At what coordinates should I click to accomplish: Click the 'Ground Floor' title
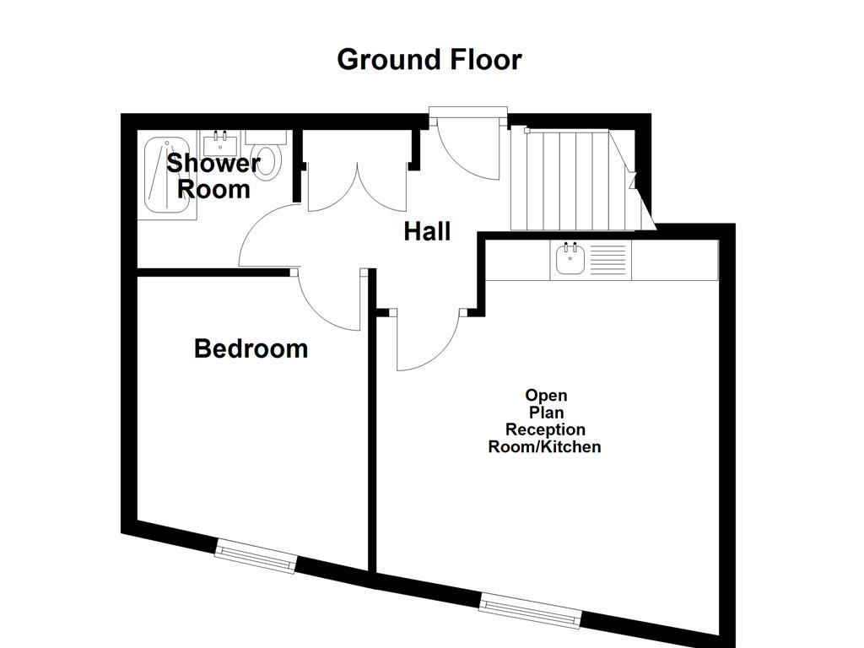(429, 60)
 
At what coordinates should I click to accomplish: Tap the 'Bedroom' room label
(251, 348)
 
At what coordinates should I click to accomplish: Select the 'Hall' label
(427, 231)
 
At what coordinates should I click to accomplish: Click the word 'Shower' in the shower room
(213, 163)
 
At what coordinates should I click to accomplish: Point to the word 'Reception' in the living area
(545, 429)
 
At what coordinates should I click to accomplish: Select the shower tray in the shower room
(169, 175)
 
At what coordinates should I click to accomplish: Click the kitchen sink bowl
(570, 262)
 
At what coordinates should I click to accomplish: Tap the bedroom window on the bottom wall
(256, 558)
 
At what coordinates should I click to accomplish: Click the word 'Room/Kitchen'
(545, 447)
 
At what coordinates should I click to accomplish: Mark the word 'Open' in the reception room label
(546, 395)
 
